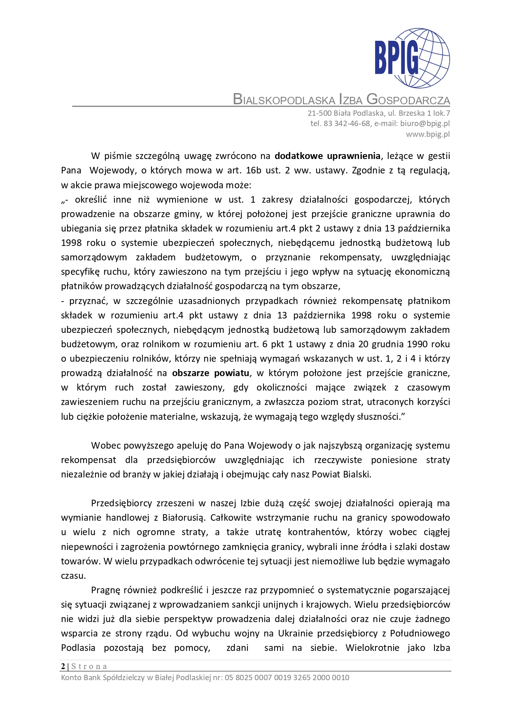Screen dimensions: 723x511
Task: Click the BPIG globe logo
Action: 412,58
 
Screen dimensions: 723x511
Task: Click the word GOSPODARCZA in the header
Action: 408,100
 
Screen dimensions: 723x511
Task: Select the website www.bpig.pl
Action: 428,134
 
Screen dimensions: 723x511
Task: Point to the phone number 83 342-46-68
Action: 347,123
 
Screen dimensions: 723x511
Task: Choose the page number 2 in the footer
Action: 63,666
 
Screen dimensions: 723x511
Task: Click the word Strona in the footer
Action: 89,666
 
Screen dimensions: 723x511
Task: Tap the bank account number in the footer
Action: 287,677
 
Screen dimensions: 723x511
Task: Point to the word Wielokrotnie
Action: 372,648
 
